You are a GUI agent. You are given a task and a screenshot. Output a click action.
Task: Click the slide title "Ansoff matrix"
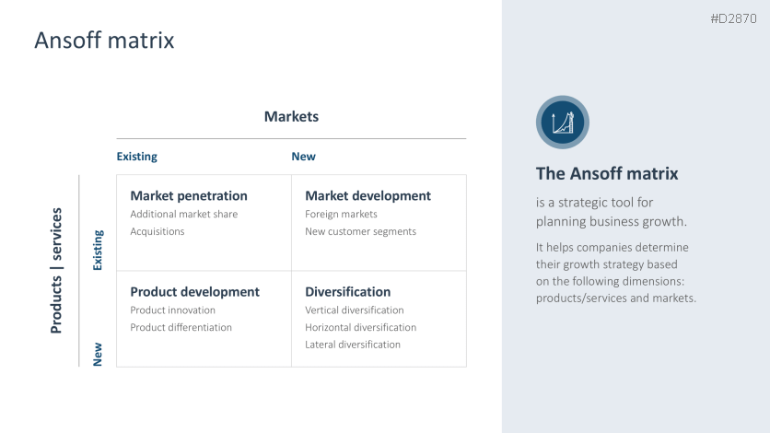pyautogui.click(x=104, y=41)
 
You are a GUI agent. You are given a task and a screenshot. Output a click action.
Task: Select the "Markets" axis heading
pyautogui.click(x=291, y=116)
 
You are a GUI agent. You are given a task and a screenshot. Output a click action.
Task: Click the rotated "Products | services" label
pyautogui.click(x=57, y=270)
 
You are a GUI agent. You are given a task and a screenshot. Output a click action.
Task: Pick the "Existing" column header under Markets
pyautogui.click(x=136, y=157)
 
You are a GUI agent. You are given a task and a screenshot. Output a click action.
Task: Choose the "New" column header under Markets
pyautogui.click(x=303, y=157)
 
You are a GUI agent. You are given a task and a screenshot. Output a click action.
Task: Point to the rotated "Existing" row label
pyautogui.click(x=98, y=250)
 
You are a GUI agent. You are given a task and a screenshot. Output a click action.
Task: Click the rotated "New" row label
pyautogui.click(x=98, y=354)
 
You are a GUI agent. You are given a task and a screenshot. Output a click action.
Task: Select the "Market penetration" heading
pyautogui.click(x=189, y=195)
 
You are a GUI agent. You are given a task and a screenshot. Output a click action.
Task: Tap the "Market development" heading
pyautogui.click(x=367, y=195)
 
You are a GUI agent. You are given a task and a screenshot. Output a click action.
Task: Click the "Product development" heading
pyautogui.click(x=194, y=291)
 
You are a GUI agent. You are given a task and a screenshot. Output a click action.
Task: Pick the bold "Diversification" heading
pyautogui.click(x=347, y=291)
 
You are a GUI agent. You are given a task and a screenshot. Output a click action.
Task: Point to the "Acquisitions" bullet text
pyautogui.click(x=157, y=231)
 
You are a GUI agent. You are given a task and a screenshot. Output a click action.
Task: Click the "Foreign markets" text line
pyautogui.click(x=341, y=214)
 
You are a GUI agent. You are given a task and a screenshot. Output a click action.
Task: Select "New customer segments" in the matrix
pyautogui.click(x=360, y=231)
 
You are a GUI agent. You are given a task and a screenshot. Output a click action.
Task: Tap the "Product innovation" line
pyautogui.click(x=173, y=310)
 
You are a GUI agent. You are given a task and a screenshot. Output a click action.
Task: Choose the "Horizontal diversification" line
pyautogui.click(x=360, y=327)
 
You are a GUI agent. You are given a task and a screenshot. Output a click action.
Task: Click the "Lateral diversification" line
pyautogui.click(x=353, y=345)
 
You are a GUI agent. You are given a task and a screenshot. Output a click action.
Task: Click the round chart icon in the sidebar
pyautogui.click(x=563, y=122)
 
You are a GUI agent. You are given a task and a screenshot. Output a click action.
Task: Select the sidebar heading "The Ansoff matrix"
pyautogui.click(x=607, y=173)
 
